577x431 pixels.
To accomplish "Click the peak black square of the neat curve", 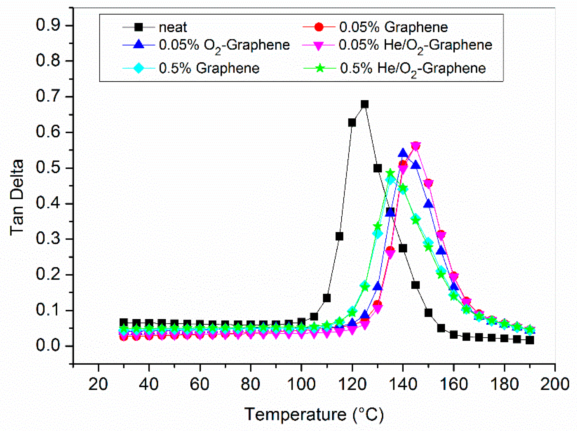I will click(365, 104).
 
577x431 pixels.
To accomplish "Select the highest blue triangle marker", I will click(403, 153).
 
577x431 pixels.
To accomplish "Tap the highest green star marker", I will click(390, 173).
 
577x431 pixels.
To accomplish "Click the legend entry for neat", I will click(173, 27).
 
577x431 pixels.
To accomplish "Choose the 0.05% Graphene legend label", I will click(393, 27).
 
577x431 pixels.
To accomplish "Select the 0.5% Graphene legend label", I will click(209, 68).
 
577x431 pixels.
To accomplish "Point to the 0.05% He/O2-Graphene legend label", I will click(415, 45).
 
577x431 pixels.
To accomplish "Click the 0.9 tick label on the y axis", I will click(48, 25).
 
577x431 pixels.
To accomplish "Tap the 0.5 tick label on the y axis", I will click(48, 168).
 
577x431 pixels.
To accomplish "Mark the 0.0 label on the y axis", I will click(48, 346).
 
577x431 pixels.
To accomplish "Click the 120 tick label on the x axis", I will click(352, 384).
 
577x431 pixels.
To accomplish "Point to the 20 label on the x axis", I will click(98, 384).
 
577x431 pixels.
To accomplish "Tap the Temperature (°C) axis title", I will click(314, 414).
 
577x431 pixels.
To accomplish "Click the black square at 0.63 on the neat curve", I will click(352, 123).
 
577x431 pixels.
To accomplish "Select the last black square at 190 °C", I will click(529, 340).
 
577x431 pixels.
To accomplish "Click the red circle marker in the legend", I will click(319, 27).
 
